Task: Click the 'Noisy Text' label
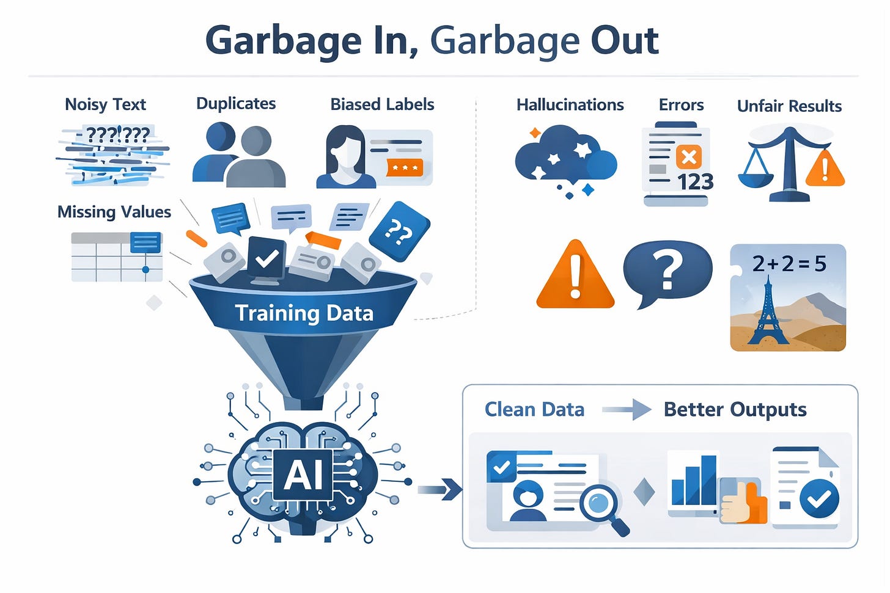(105, 104)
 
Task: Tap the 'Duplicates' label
(236, 104)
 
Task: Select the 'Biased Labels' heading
(382, 104)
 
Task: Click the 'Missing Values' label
(114, 212)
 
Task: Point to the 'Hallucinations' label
(570, 105)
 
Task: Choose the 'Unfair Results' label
(789, 106)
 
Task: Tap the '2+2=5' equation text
(789, 264)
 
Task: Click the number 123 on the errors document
(696, 182)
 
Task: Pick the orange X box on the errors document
(689, 157)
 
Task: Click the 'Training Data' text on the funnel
(304, 313)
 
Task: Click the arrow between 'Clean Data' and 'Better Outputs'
(626, 409)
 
